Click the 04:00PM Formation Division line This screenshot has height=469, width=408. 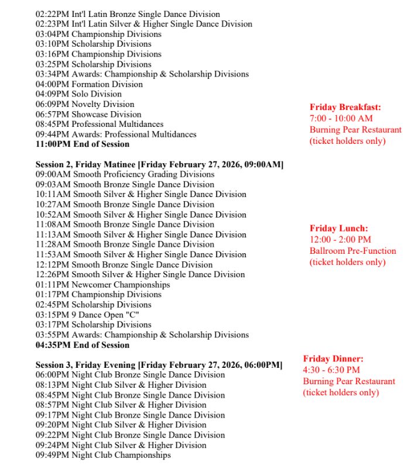tap(89, 84)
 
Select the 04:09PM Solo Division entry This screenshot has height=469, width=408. tap(78, 94)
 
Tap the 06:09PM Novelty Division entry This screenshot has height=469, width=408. tap(85, 104)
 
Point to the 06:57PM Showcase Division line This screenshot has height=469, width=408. tap(88, 114)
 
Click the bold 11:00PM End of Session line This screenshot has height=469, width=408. tap(83, 144)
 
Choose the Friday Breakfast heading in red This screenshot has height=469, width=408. tap(345, 107)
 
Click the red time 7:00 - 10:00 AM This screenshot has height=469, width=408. tap(341, 118)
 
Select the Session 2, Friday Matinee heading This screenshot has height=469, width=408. tap(159, 164)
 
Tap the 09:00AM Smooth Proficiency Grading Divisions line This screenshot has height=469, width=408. tap(125, 174)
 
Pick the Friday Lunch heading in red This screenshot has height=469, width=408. tap(340, 229)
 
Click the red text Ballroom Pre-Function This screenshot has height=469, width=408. tap(353, 251)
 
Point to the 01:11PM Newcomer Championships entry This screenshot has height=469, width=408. tap(102, 285)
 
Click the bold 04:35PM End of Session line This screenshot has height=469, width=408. tap(83, 345)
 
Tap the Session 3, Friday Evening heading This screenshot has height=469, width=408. tap(159, 365)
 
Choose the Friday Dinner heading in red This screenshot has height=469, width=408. tap(333, 358)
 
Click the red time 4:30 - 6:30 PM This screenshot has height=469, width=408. tap(331, 370)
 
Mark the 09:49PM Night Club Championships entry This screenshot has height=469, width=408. tap(103, 455)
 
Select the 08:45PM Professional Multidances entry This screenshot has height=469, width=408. tap(100, 124)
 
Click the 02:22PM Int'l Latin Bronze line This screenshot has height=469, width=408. tap(128, 14)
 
